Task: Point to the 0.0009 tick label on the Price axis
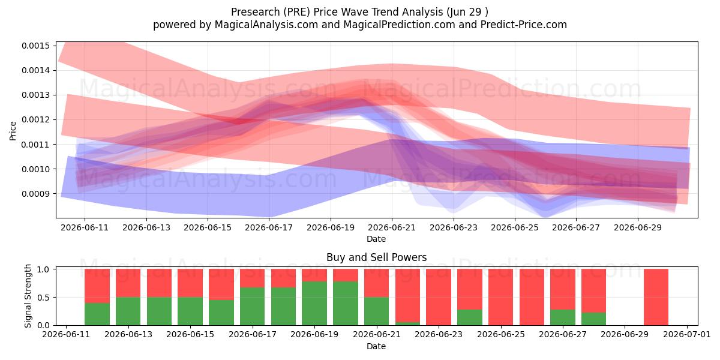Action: pyautogui.click(x=35, y=194)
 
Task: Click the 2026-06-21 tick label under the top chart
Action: pyautogui.click(x=392, y=227)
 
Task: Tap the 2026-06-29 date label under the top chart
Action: pyautogui.click(x=638, y=227)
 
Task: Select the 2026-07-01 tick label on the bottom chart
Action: pyautogui.click(x=687, y=334)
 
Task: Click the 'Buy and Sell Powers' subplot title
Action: pyautogui.click(x=376, y=257)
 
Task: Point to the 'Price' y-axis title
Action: pyautogui.click(x=13, y=131)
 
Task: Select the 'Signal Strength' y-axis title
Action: pyautogui.click(x=28, y=296)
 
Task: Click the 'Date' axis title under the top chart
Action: pyautogui.click(x=376, y=239)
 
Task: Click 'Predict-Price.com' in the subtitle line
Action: pyautogui.click(x=524, y=25)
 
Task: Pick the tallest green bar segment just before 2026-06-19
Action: pyautogui.click(x=314, y=303)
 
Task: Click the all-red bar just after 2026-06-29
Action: pyautogui.click(x=656, y=297)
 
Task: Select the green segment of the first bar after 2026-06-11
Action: pyautogui.click(x=97, y=314)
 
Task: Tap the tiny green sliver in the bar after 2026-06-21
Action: pyautogui.click(x=407, y=323)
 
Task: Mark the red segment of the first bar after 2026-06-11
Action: pyautogui.click(x=97, y=286)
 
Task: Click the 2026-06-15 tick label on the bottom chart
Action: pyautogui.click(x=190, y=334)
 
